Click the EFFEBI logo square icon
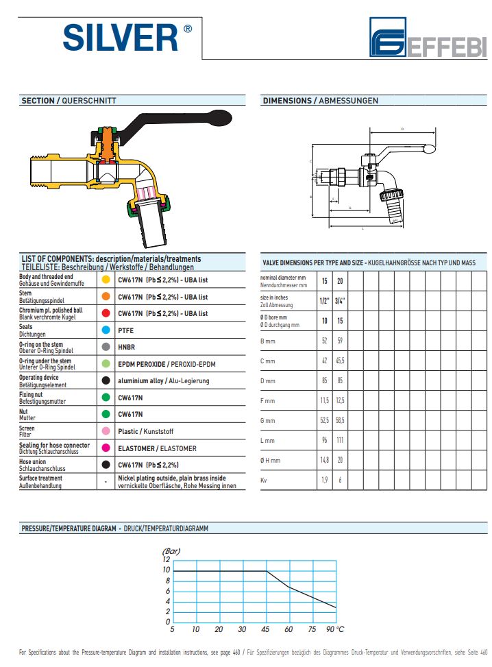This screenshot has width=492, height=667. click(x=389, y=37)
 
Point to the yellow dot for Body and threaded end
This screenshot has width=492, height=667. click(x=106, y=280)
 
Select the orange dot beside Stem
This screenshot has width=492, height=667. click(x=106, y=297)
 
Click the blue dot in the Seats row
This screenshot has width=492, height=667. click(x=106, y=330)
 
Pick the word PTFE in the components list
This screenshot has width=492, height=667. click(x=126, y=330)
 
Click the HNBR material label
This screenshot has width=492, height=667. click(x=127, y=347)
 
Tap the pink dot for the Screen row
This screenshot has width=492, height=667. click(x=106, y=431)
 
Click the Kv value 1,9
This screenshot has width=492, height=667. click(x=324, y=480)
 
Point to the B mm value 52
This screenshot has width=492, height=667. click(x=324, y=340)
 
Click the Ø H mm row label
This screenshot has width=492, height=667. click(x=271, y=460)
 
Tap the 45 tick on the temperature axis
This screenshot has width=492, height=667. click(x=265, y=629)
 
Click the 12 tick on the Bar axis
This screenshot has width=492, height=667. click(x=166, y=560)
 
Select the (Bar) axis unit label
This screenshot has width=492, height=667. click(x=171, y=550)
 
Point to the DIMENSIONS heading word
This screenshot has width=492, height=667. click(x=287, y=101)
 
